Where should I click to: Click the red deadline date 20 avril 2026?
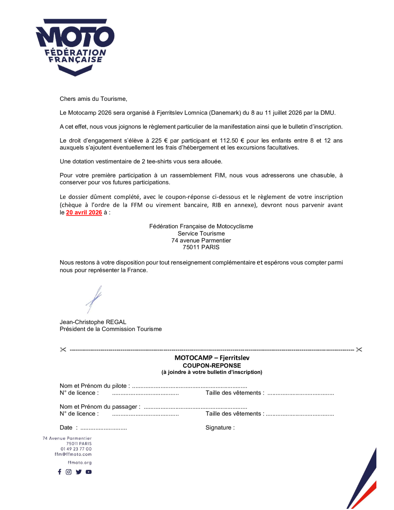(x=84, y=213)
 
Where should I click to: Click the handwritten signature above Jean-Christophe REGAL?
(x=94, y=299)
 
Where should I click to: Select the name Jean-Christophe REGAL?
(x=93, y=322)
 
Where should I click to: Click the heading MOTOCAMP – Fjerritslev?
(x=212, y=358)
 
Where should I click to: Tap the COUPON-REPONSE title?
(x=212, y=365)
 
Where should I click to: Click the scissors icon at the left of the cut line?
(x=63, y=350)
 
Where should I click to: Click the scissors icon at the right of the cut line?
(x=359, y=350)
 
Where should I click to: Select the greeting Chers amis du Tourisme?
(x=93, y=99)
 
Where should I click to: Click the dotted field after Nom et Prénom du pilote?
(x=190, y=386)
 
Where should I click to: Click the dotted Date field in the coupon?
(x=103, y=428)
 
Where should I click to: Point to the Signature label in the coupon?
(x=220, y=428)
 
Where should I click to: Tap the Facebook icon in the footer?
(x=60, y=472)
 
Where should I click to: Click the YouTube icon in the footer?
(x=89, y=472)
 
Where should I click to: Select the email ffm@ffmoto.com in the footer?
(x=73, y=454)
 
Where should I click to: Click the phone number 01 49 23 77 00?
(x=76, y=449)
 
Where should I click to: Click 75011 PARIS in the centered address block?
(x=201, y=247)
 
